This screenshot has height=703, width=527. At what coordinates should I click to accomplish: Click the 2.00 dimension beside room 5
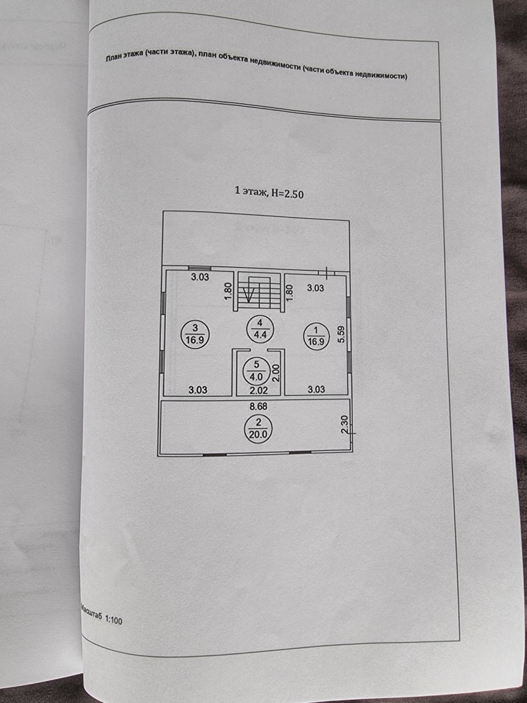[x=276, y=373]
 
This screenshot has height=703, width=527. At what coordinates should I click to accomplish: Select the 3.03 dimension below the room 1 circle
[x=316, y=389]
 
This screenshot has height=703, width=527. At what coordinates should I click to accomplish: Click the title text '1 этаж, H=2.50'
[x=270, y=192]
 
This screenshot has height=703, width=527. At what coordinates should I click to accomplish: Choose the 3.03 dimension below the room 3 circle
[x=198, y=390]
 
